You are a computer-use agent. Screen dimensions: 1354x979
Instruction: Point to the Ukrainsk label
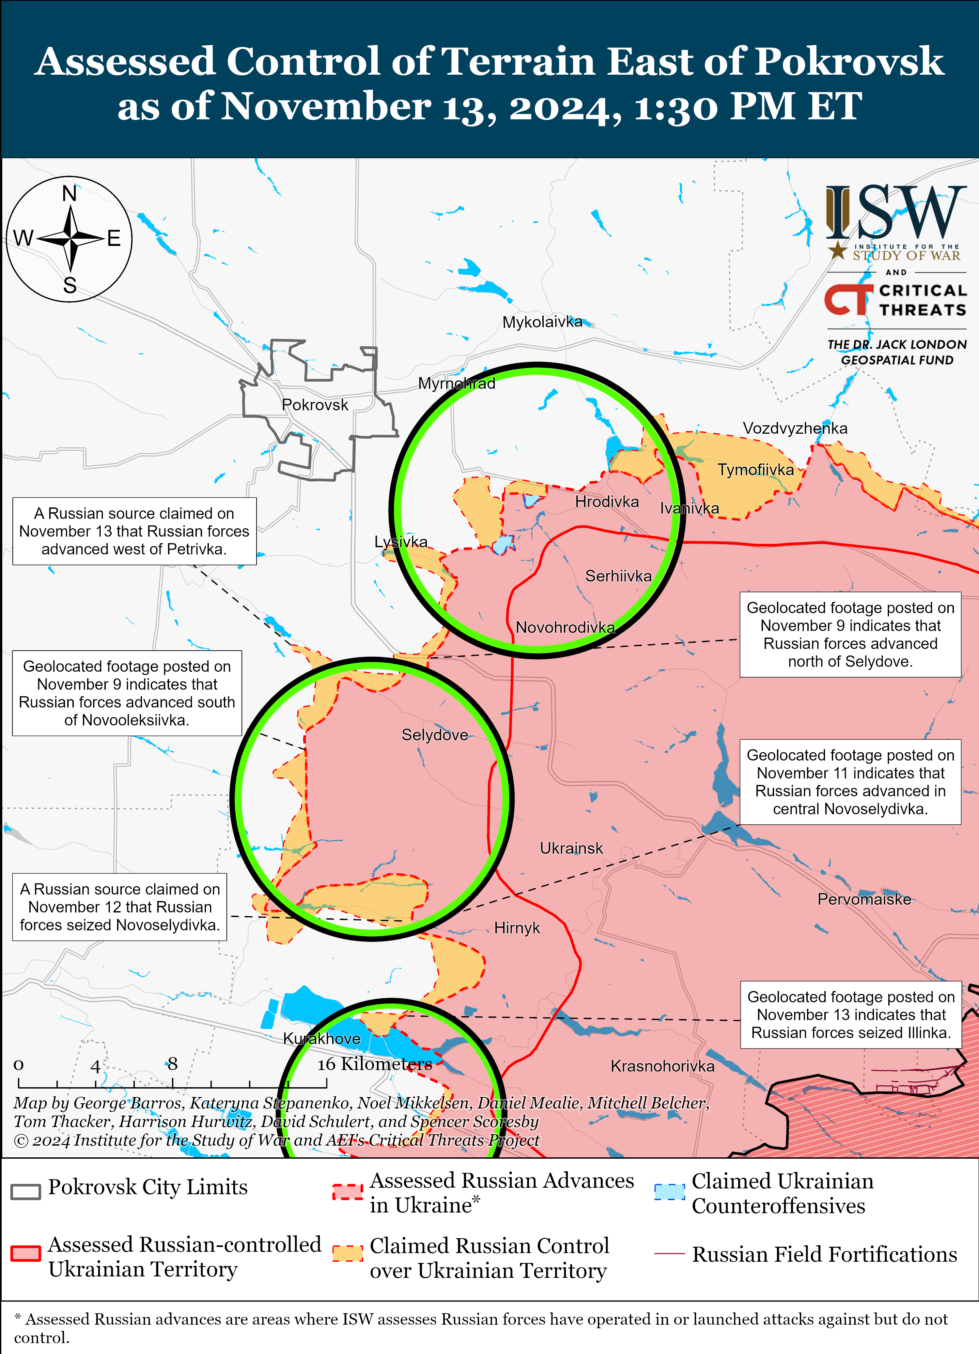click(x=571, y=848)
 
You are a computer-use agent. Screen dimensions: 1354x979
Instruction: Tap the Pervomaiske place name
click(x=864, y=899)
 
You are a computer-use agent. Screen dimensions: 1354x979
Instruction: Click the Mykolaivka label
click(x=542, y=323)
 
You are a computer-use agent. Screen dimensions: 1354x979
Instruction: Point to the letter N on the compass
click(x=69, y=193)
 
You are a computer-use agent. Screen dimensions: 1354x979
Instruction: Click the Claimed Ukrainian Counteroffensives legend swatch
click(x=669, y=1192)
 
